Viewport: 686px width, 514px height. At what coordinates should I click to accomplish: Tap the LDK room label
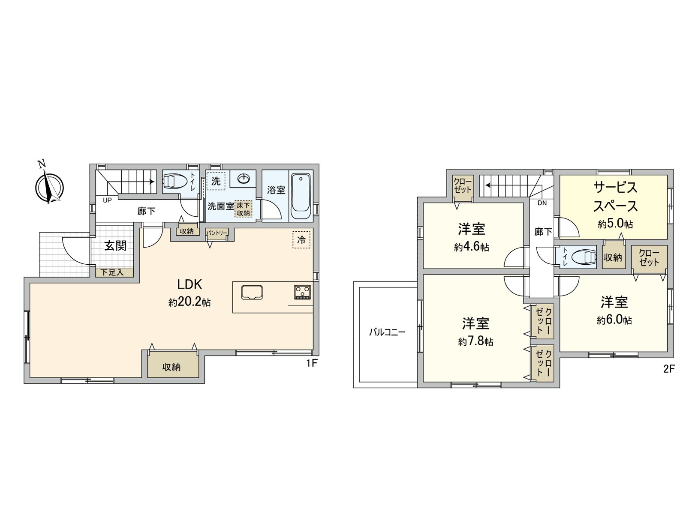click(190, 284)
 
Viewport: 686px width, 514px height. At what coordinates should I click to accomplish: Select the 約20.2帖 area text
click(190, 302)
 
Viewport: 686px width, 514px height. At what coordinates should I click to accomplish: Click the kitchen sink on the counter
click(252, 293)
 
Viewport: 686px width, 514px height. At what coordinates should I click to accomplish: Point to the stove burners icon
click(303, 292)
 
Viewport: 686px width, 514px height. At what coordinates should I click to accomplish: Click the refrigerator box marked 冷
click(301, 240)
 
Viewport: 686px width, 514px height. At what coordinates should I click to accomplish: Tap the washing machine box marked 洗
click(216, 181)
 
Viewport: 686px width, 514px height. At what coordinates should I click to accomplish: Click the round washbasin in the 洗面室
click(243, 178)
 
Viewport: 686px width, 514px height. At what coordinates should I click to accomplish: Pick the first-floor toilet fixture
click(175, 181)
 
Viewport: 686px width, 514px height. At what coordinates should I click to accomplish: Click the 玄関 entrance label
click(115, 246)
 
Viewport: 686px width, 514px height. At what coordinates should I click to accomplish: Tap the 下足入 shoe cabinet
click(112, 272)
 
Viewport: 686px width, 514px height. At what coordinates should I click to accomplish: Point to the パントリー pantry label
click(217, 233)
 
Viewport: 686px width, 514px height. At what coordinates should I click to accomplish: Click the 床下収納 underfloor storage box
click(243, 209)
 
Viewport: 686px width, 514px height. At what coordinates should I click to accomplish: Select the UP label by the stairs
click(107, 200)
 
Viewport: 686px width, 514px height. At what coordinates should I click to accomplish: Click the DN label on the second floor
click(542, 203)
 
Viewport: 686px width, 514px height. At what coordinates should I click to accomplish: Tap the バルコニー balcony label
click(387, 332)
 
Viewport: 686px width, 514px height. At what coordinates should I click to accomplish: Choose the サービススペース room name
click(615, 197)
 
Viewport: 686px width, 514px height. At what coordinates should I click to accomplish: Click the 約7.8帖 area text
click(475, 341)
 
